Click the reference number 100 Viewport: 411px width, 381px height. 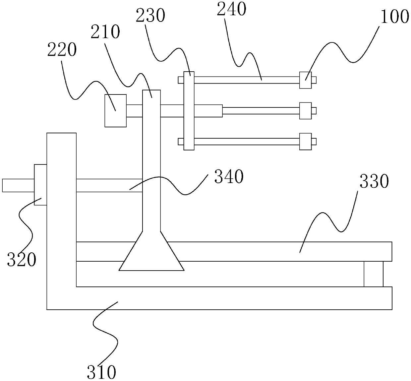(394, 17)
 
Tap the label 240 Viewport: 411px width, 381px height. (231, 9)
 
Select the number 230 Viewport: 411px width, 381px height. (150, 16)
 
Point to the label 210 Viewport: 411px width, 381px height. (106, 32)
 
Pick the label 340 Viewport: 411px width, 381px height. (229, 176)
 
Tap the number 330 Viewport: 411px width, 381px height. (374, 182)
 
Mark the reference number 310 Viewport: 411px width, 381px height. (101, 372)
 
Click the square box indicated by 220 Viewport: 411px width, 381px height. (115, 110)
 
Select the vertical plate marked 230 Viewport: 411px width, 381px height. (189, 111)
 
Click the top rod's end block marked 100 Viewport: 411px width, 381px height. (305, 80)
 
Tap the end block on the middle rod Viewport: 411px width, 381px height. (305, 110)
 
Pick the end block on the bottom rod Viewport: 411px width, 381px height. (305, 142)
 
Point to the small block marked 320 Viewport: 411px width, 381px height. (40, 185)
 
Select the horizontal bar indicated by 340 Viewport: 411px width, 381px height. (109, 185)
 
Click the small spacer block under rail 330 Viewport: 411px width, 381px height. (373, 274)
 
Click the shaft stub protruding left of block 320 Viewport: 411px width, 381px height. (18, 185)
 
